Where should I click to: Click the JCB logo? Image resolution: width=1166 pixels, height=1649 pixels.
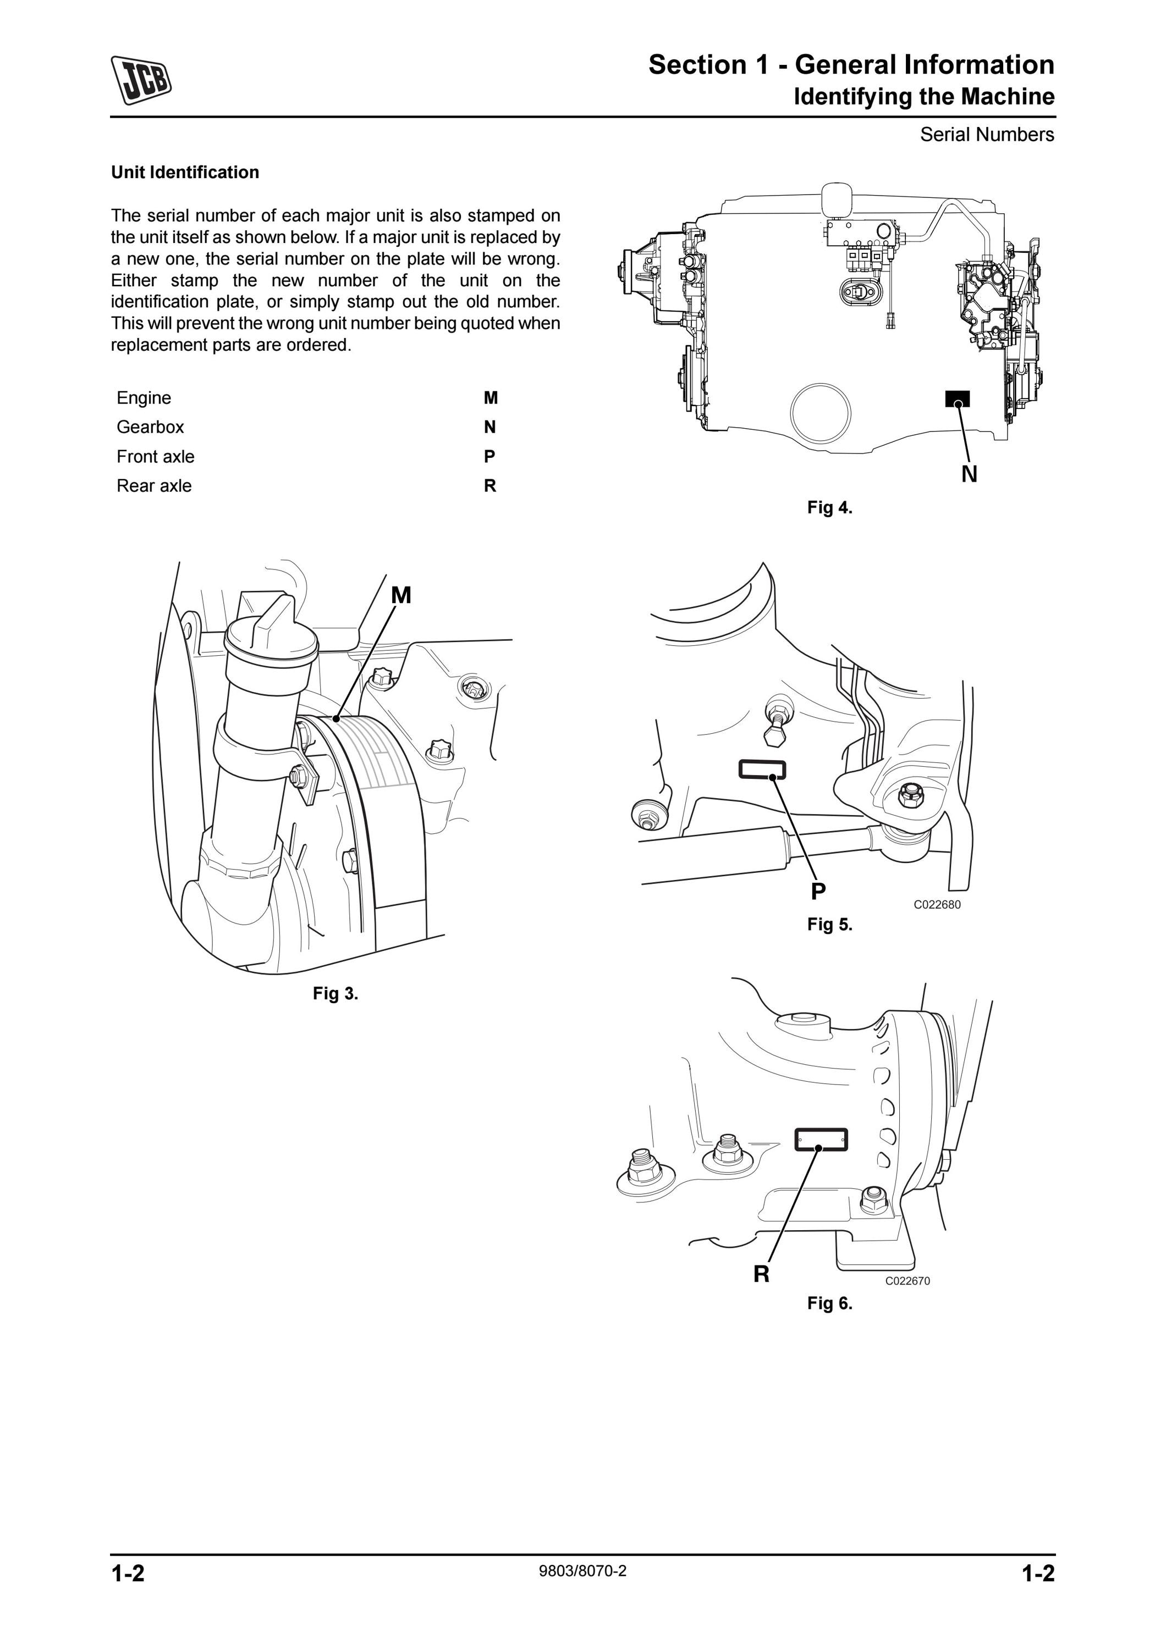point(141,80)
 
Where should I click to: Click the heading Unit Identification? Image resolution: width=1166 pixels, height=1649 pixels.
point(185,173)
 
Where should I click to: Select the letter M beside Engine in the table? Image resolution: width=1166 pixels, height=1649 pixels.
point(491,398)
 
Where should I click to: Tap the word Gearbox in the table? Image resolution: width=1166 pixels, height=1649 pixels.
point(150,427)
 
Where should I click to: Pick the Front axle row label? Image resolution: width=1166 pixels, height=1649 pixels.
point(155,457)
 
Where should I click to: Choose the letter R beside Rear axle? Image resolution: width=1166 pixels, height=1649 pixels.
point(490,486)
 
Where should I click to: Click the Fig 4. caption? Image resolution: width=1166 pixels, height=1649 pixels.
point(830,508)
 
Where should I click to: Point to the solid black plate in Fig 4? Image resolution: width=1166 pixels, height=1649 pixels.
point(958,399)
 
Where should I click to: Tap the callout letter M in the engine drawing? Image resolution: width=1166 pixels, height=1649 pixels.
point(401,595)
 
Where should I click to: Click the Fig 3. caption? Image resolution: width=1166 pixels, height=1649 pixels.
point(335,993)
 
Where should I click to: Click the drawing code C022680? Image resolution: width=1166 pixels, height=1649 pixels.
point(937,905)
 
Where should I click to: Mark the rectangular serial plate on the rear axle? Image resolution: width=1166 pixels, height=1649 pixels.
point(821,1139)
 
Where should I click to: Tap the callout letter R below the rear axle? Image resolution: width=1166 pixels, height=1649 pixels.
point(762,1274)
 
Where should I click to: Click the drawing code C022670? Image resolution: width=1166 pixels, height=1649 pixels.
point(908,1281)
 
